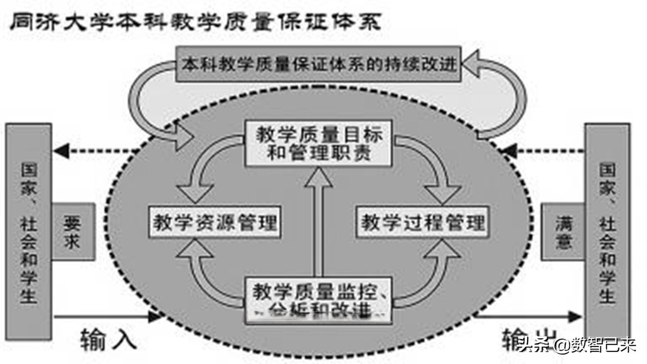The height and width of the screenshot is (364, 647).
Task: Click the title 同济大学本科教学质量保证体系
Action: tap(195, 22)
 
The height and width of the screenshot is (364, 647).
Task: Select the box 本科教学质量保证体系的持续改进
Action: tap(318, 64)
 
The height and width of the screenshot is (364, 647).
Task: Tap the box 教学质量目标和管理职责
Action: tap(318, 143)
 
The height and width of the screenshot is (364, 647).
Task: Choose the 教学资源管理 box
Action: tap(215, 222)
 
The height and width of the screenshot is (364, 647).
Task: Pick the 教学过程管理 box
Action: tap(422, 222)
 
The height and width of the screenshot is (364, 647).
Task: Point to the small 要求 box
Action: tap(73, 232)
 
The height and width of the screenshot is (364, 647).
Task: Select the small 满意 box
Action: tap(563, 232)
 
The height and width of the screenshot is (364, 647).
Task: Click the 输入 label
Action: tap(108, 339)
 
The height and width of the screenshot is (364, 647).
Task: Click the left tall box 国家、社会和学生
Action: tap(28, 232)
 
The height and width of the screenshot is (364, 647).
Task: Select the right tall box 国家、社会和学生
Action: tap(607, 232)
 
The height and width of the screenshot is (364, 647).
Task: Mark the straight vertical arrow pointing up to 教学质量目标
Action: tap(318, 221)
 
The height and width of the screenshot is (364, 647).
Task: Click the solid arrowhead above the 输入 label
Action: tap(154, 317)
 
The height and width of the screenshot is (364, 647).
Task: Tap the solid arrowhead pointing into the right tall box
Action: tap(575, 317)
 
